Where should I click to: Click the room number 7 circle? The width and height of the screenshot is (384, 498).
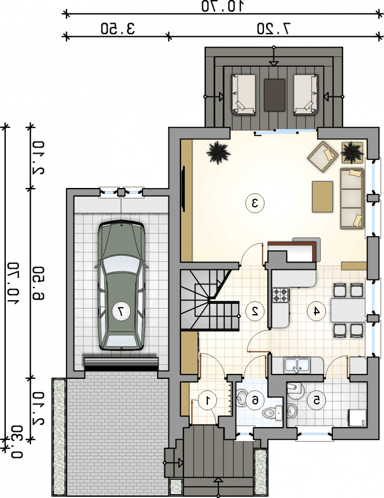tap(121, 311)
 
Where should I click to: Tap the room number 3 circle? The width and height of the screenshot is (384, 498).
tap(255, 203)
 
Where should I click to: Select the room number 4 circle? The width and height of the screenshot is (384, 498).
tap(316, 311)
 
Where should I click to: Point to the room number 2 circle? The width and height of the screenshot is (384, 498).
tap(255, 311)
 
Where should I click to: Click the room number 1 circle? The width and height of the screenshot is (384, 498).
tap(208, 400)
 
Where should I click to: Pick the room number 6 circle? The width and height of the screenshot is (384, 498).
tap(255, 400)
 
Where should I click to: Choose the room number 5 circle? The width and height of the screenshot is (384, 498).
tap(316, 400)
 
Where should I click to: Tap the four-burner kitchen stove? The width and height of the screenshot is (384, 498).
tap(281, 295)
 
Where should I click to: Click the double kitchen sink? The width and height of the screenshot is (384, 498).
tap(297, 365)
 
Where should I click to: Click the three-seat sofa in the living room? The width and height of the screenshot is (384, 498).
tap(352, 198)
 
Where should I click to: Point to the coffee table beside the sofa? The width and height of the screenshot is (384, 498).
tap(323, 197)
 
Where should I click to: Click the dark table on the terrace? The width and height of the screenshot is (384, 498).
tap(274, 95)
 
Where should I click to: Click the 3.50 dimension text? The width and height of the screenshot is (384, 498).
tap(117, 29)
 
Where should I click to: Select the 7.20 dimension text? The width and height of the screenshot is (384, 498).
tap(274, 29)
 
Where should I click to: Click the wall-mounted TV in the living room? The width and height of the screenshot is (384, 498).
tap(183, 188)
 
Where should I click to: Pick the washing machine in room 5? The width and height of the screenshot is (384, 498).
tap(357, 418)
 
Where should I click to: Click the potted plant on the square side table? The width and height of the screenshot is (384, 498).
tap(352, 152)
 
